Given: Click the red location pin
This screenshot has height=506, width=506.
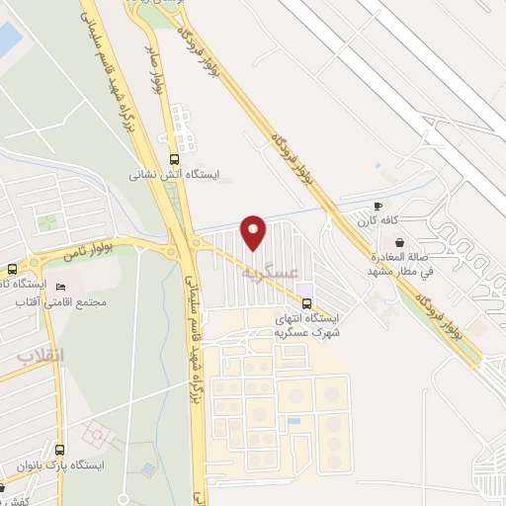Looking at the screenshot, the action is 254,231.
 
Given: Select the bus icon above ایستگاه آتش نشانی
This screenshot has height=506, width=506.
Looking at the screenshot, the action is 175,159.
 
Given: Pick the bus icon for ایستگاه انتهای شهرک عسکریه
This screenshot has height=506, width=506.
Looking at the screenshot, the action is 306,302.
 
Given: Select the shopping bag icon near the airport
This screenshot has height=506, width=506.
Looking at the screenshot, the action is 398,242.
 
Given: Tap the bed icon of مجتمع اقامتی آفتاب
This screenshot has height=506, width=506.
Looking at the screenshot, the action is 61,287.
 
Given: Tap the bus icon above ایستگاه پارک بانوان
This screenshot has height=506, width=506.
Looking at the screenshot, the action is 59,449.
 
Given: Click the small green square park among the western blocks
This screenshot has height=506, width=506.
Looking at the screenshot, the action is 47,222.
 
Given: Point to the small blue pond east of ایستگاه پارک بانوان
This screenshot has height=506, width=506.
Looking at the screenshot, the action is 148,468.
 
